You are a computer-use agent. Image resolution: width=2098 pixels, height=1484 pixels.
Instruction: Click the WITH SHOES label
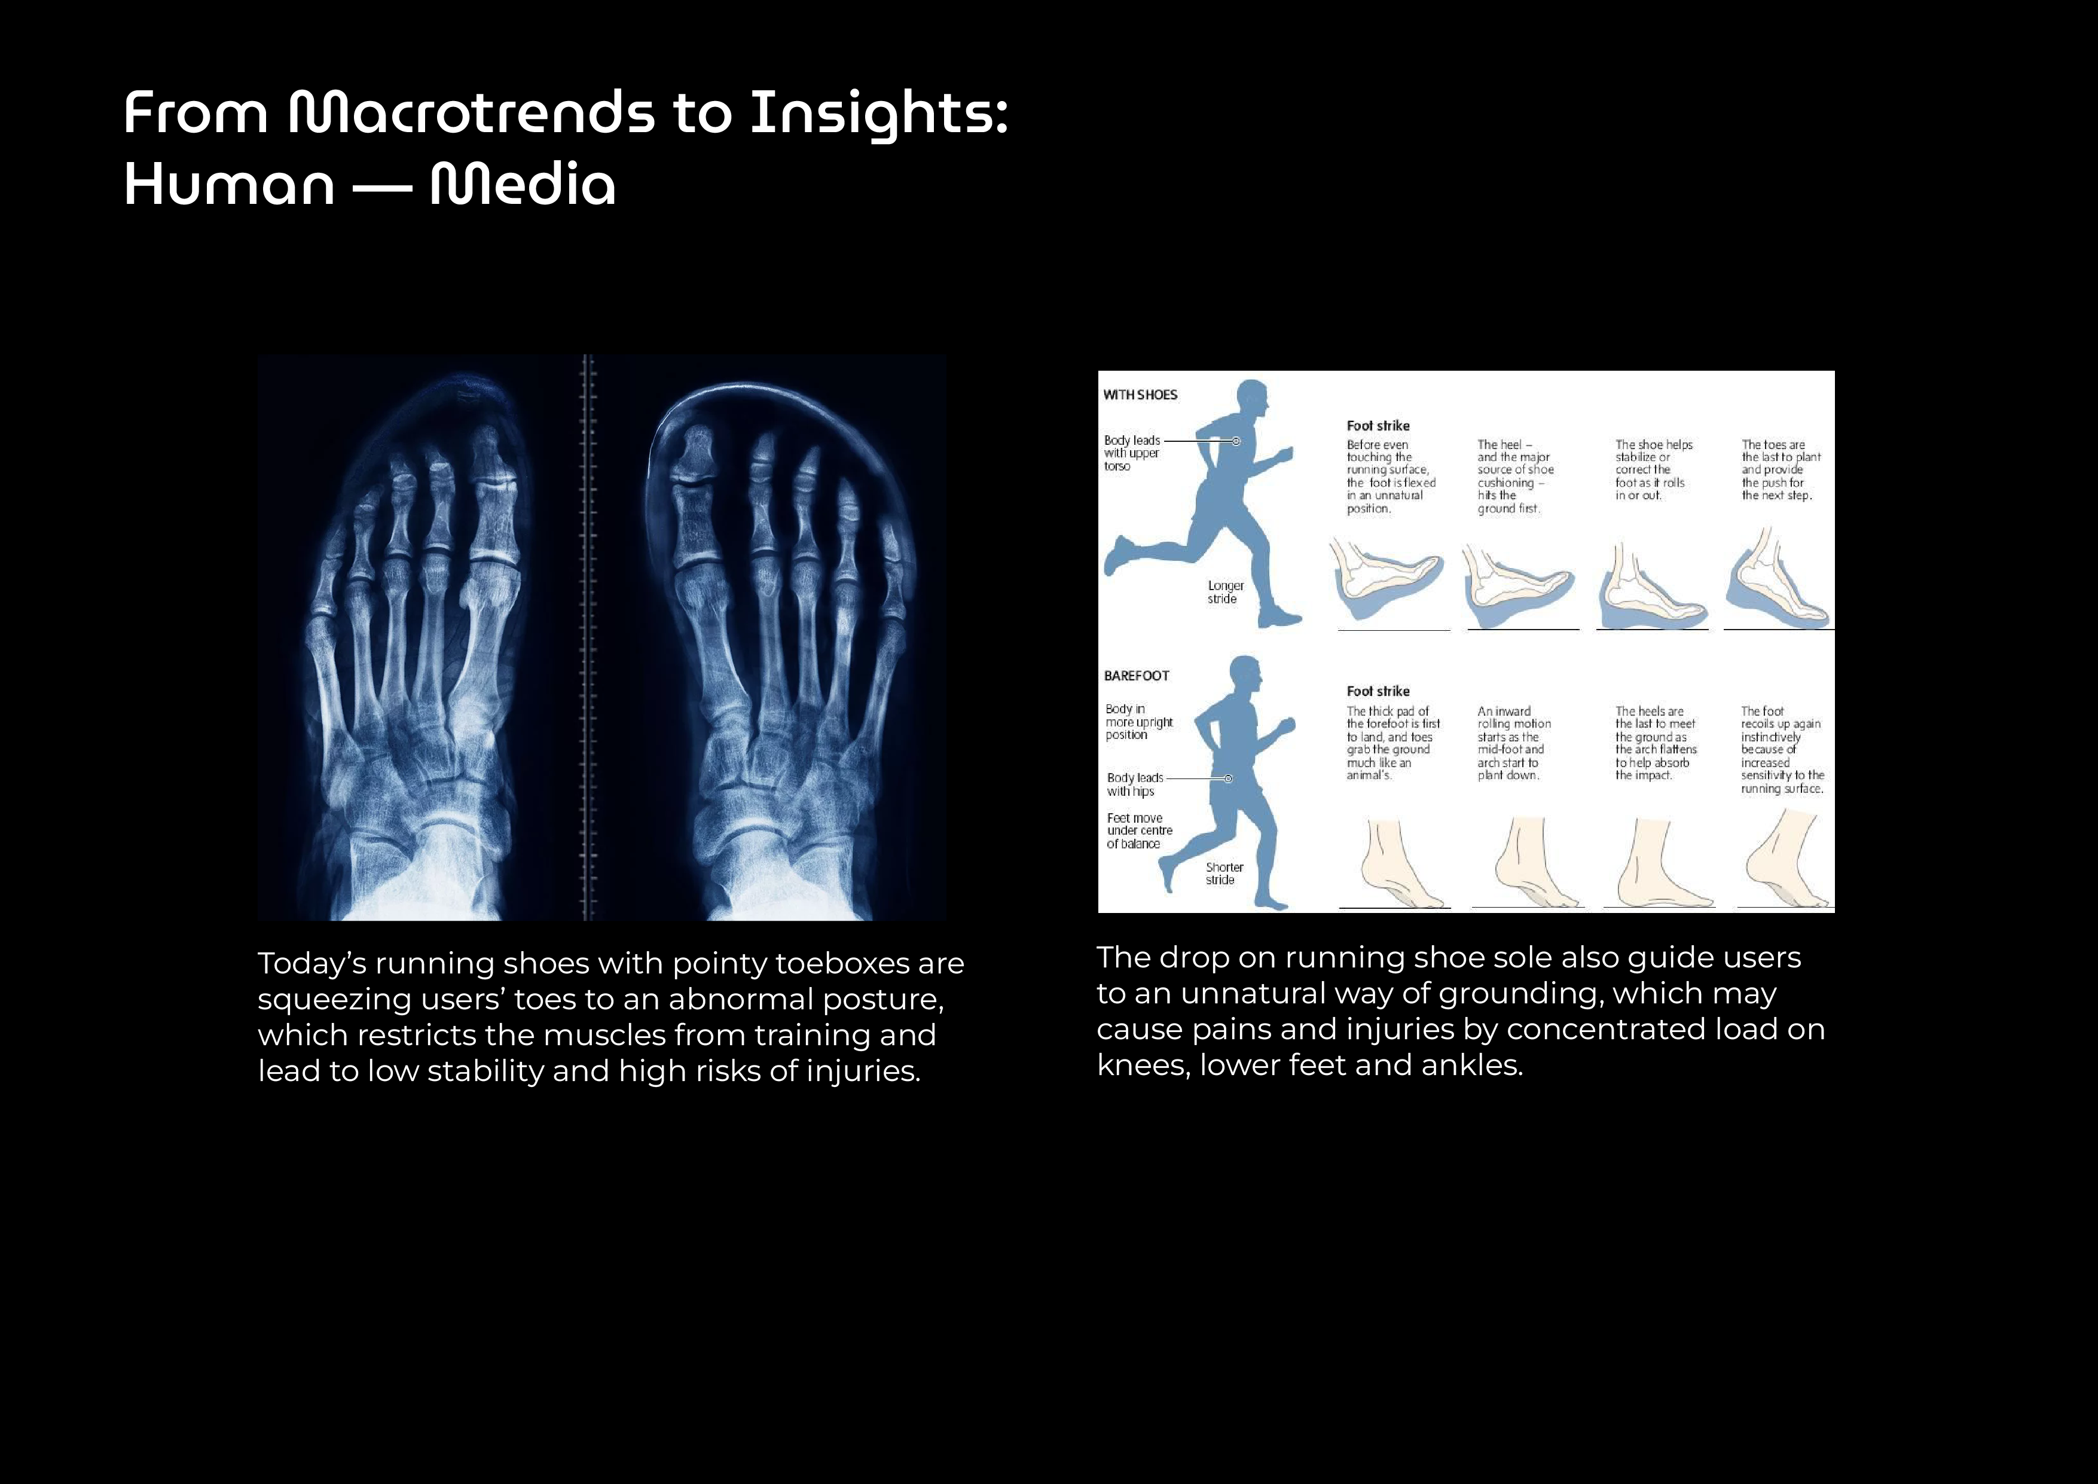pyautogui.click(x=1140, y=395)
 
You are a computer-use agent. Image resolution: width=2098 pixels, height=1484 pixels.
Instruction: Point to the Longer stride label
pyautogui.click(x=1224, y=592)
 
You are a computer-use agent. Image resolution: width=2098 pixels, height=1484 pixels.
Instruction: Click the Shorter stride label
pyautogui.click(x=1223, y=874)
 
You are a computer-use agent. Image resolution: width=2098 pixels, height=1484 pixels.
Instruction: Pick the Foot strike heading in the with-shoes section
pyautogui.click(x=1378, y=426)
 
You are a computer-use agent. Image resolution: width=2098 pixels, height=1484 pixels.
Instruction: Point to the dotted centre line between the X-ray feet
pyautogui.click(x=588, y=638)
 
